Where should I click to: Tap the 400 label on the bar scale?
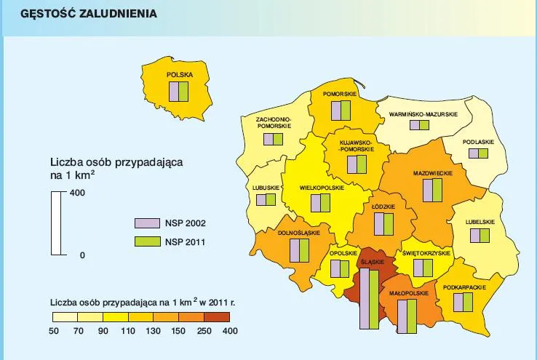coord(77,193)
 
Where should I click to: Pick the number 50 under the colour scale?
coord(53,331)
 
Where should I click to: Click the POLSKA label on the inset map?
coord(179,74)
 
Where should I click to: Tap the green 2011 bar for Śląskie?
coord(373,299)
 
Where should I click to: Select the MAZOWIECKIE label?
coord(433,174)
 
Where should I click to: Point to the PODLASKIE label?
coord(478,141)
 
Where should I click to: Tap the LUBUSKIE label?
coord(266,188)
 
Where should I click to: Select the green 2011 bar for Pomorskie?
coord(345,111)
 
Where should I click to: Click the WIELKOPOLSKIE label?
coord(322,188)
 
